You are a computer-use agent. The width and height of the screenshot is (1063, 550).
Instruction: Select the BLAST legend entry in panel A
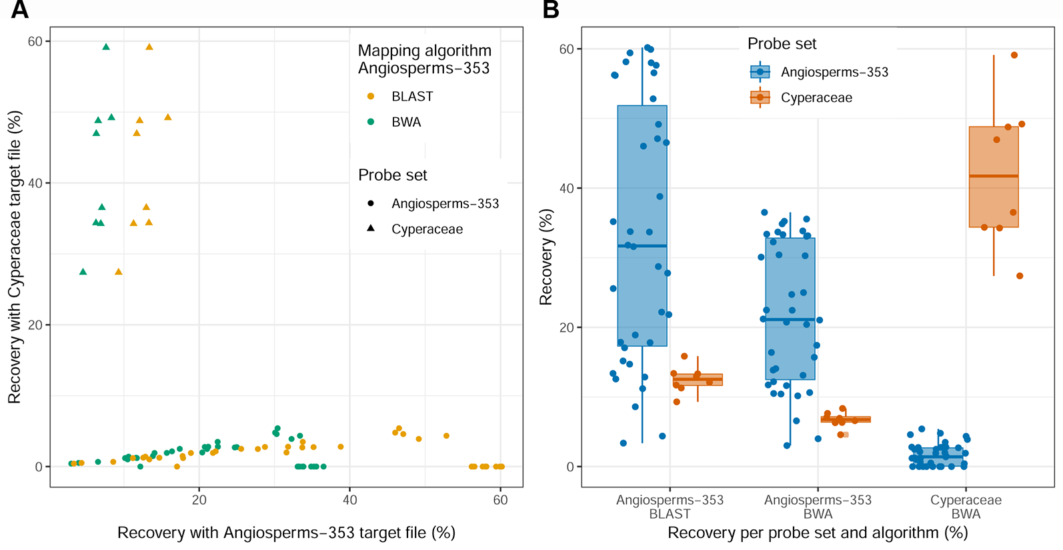tap(411, 97)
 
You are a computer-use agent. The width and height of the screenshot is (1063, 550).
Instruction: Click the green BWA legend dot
tap(371, 122)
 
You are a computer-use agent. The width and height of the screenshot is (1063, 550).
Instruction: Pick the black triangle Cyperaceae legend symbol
tap(371, 229)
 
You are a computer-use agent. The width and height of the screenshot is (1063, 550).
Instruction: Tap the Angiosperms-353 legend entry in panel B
tap(834, 72)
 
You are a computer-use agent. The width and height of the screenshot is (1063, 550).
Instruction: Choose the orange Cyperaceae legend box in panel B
tap(760, 97)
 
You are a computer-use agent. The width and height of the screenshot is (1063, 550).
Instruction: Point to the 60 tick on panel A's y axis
tap(35, 41)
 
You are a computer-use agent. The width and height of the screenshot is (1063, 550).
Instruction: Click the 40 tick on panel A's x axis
tap(349, 500)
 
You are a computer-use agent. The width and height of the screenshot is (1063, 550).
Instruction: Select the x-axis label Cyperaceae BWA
tap(966, 507)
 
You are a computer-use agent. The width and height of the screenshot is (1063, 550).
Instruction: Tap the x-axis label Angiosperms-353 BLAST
tap(670, 507)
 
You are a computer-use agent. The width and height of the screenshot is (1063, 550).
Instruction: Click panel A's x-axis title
tap(286, 533)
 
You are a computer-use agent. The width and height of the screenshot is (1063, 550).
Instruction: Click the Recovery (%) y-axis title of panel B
tap(546, 257)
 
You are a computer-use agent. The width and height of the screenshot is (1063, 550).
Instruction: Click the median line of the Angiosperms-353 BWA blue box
tap(790, 319)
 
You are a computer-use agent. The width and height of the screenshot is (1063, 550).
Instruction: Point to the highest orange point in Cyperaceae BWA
tap(1014, 55)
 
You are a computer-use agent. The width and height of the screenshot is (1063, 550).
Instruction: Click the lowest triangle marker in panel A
tap(83, 272)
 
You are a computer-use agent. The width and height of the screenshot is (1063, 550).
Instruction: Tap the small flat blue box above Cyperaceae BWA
tap(938, 457)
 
